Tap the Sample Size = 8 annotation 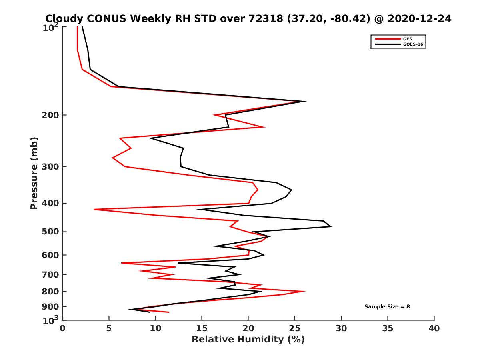coord(387,307)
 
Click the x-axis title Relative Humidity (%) coord(248,340)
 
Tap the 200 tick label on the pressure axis coord(49,115)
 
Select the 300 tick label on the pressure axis coord(49,166)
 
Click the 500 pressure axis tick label coord(49,232)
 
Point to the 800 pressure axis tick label coord(49,291)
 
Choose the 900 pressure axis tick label coord(49,307)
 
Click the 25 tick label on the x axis coord(295,328)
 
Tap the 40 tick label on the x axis coord(434,328)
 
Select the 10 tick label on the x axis coord(156,328)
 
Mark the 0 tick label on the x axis coord(63,328)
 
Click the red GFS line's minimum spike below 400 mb coord(94,209)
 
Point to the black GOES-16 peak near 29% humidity coord(331,227)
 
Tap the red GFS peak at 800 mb coord(305,291)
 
